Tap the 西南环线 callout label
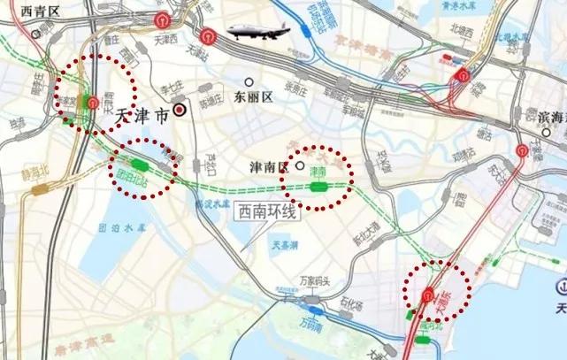[x=265, y=212]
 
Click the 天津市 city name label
[x=142, y=113]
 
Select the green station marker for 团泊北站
[x=139, y=164]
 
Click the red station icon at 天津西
[x=160, y=21]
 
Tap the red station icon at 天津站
[x=205, y=40]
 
